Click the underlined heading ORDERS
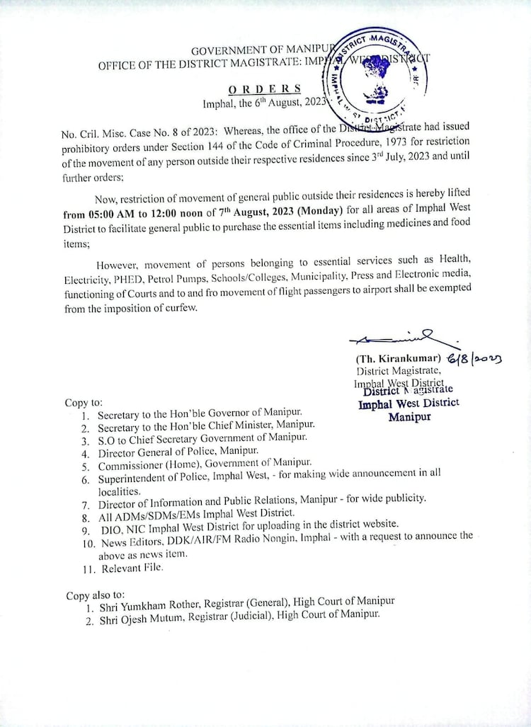point(265,89)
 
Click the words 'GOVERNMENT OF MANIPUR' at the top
point(252,50)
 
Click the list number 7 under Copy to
point(86,505)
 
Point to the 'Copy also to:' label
point(96,595)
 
